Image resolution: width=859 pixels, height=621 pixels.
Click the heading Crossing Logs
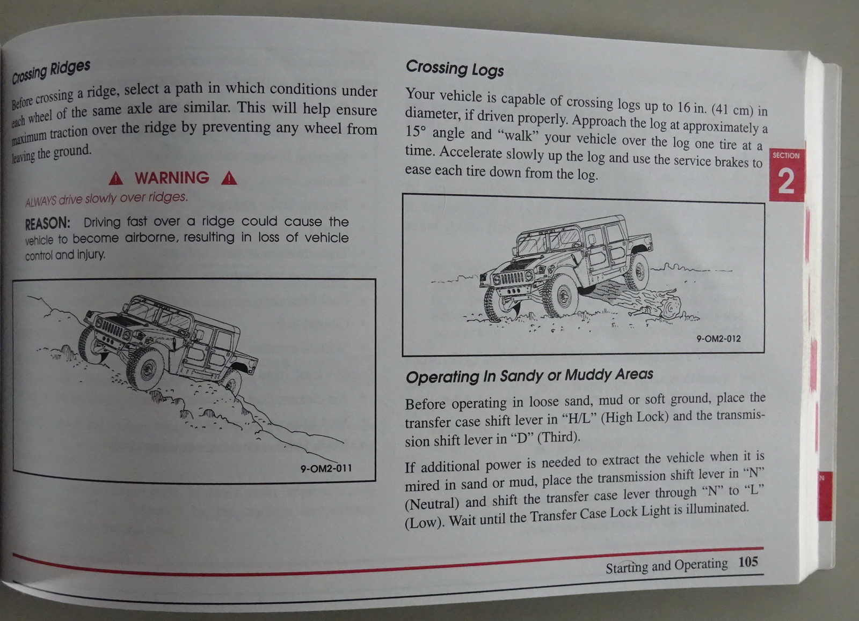[455, 69]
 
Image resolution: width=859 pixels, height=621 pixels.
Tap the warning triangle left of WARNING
[116, 178]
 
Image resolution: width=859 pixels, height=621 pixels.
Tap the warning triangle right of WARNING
[229, 178]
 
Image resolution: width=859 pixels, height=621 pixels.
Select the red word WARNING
[172, 178]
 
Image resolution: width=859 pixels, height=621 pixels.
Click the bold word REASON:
[48, 223]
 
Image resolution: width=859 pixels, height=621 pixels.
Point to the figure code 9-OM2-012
[719, 339]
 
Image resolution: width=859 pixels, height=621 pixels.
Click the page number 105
[748, 562]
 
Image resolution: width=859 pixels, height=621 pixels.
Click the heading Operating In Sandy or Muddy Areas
[529, 375]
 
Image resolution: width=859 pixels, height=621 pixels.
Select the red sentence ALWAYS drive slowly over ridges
[107, 199]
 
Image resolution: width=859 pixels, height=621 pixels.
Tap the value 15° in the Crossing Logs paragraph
[416, 132]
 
